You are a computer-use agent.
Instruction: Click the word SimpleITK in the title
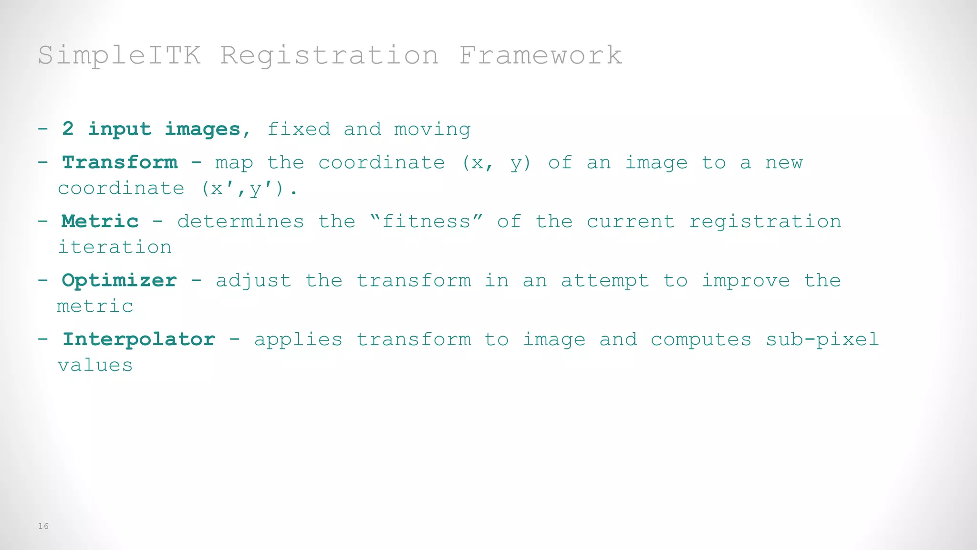click(119, 55)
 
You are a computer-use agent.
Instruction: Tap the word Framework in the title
click(540, 55)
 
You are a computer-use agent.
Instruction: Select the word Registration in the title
click(329, 55)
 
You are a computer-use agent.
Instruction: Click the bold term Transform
click(120, 163)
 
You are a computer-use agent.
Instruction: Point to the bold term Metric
click(100, 222)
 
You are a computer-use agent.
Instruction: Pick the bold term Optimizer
click(119, 281)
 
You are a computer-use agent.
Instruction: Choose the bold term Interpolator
click(139, 339)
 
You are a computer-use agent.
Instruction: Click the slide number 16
click(43, 526)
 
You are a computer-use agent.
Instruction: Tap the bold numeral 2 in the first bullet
click(68, 129)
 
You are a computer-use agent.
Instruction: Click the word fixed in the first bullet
click(299, 129)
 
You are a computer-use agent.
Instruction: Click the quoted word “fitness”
click(426, 222)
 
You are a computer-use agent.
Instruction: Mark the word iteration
click(114, 247)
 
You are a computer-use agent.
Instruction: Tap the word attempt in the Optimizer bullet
click(605, 281)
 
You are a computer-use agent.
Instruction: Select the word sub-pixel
click(822, 340)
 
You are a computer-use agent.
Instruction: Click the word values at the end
click(95, 365)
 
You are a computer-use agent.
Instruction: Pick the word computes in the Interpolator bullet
click(701, 340)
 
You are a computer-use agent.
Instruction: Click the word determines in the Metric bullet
click(240, 222)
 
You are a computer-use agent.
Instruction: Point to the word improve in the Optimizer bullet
click(746, 281)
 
